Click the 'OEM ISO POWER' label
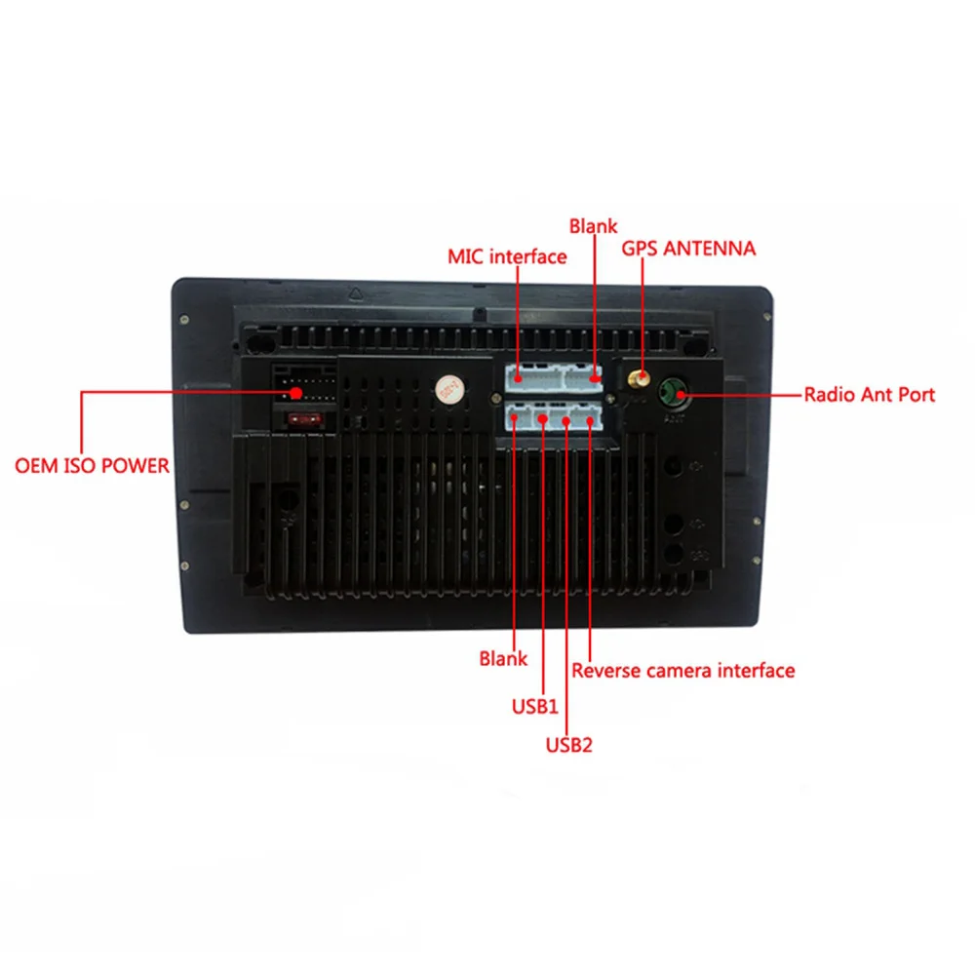pos(92,466)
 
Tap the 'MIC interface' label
pos(507,256)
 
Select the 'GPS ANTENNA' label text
pos(688,248)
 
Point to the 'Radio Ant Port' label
pos(870,394)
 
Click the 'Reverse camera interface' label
pos(682,671)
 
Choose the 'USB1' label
pos(534,706)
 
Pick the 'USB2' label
pos(569,744)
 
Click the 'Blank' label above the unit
pos(593,226)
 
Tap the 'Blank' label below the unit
pos(503,658)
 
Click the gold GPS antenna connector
pos(638,378)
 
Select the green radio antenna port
pos(675,394)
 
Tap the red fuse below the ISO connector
pos(304,419)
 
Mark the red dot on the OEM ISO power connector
pos(296,393)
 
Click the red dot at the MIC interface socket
pos(518,376)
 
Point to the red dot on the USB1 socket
pos(543,419)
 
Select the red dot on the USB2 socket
pos(565,421)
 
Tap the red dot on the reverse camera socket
pos(590,421)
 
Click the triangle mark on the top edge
pos(355,293)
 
